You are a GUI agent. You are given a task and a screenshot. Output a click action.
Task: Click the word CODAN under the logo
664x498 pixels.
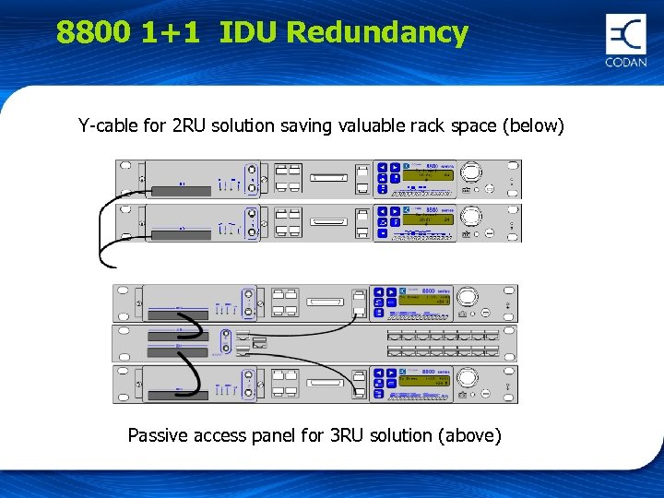click(626, 63)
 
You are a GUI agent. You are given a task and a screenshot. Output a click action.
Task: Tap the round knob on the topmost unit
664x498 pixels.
click(471, 172)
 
